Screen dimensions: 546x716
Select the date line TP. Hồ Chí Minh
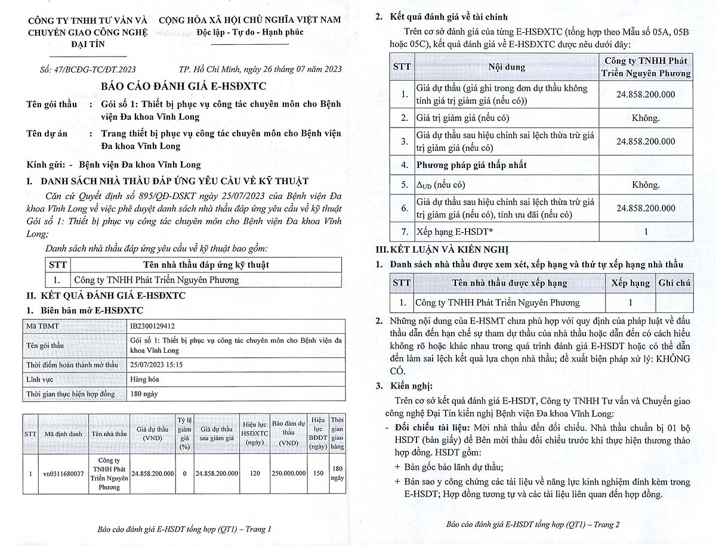tap(260, 69)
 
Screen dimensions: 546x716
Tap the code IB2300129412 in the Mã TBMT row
tap(153, 326)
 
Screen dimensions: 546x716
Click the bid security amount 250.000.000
tap(289, 473)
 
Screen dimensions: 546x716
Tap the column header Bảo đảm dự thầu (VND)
tap(289, 434)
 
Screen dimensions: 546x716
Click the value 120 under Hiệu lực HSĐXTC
tap(255, 473)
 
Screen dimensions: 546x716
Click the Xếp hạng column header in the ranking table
tap(630, 283)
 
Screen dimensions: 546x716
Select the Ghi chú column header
tap(674, 283)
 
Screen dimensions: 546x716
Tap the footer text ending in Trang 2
tap(533, 525)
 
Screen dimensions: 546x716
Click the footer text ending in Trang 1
tap(184, 529)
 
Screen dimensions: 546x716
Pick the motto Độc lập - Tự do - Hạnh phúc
tap(250, 31)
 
